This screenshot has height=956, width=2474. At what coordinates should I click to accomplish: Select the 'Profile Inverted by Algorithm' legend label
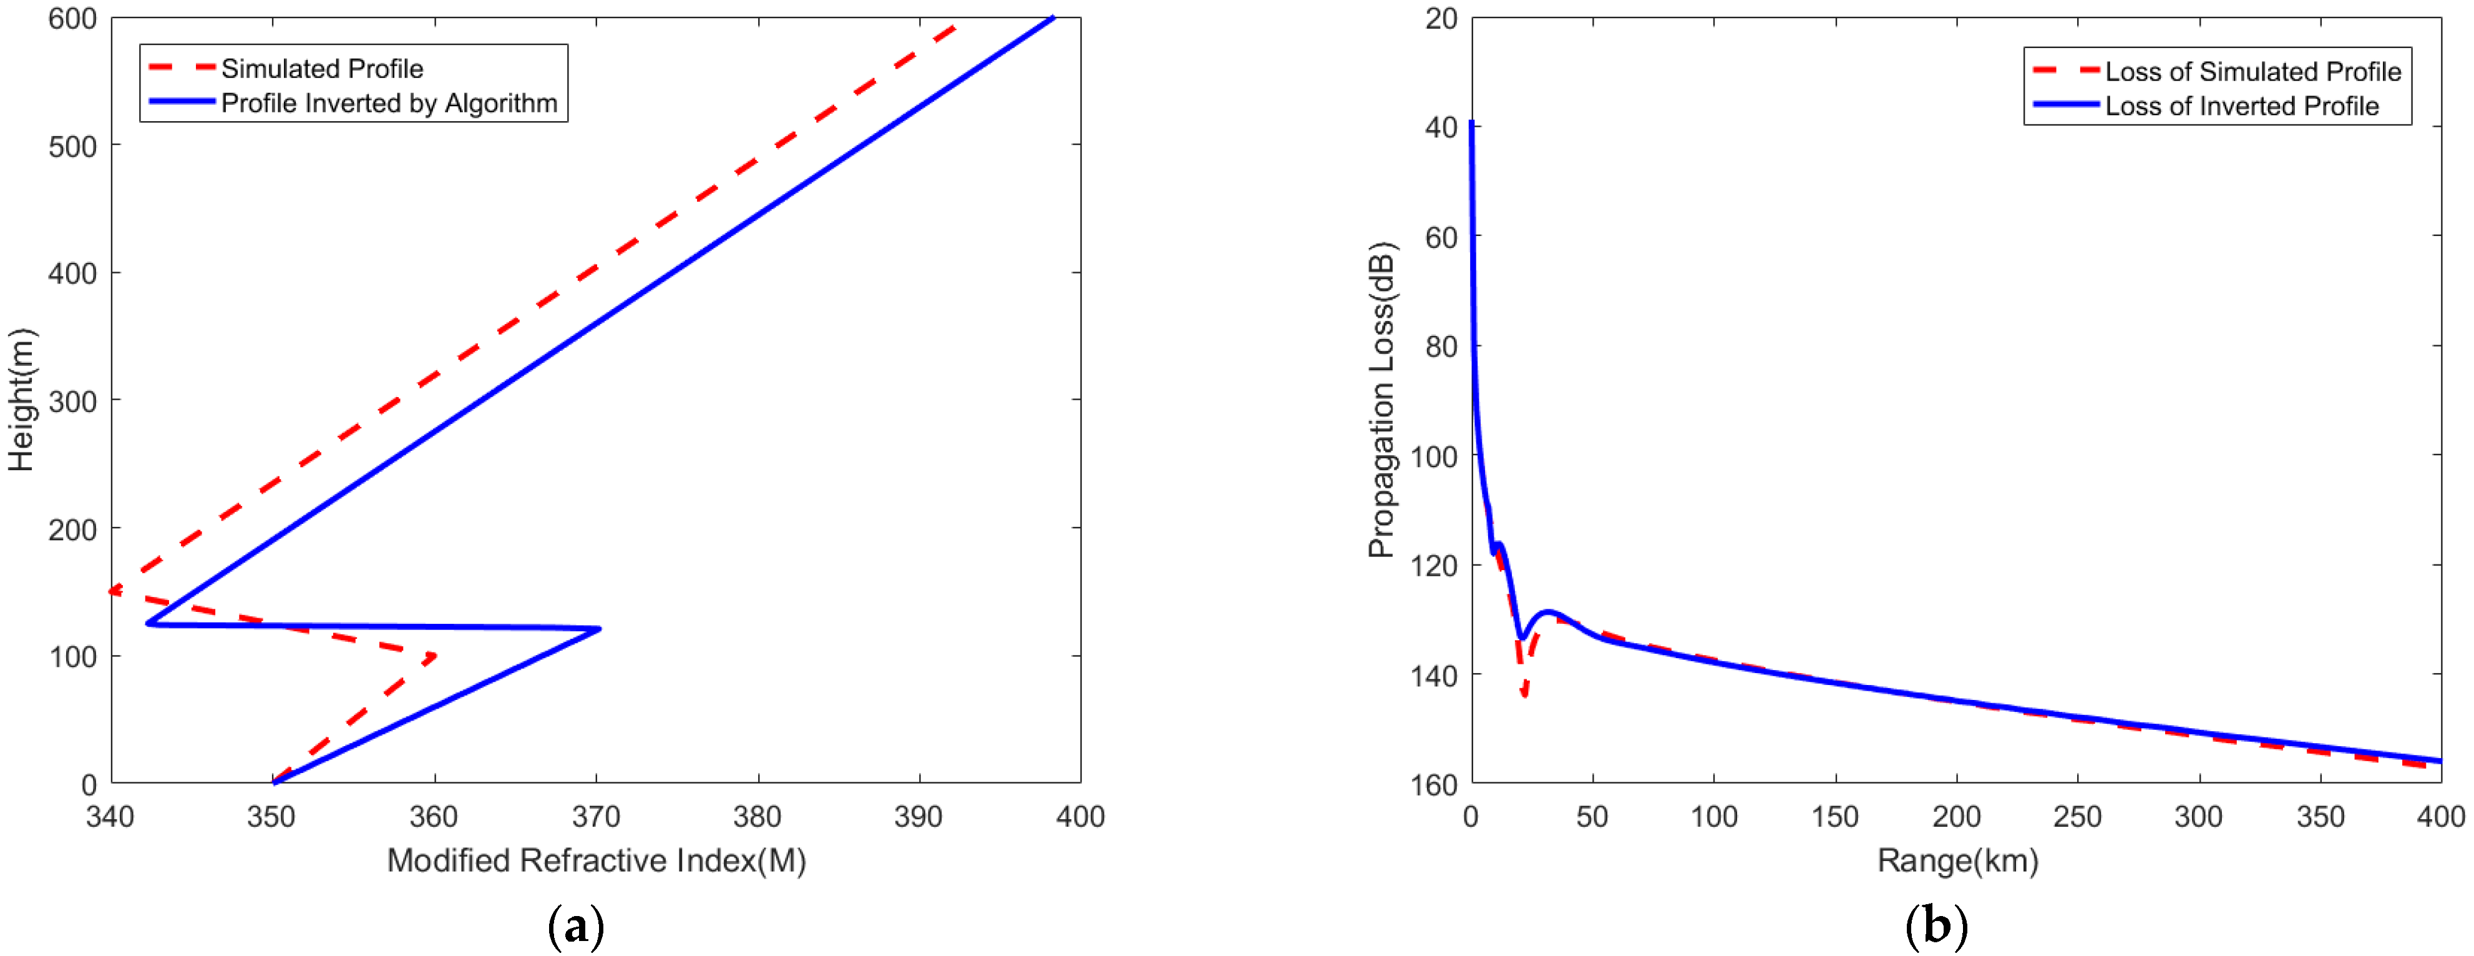(388, 104)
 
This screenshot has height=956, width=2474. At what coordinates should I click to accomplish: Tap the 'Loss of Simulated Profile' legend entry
(2251, 72)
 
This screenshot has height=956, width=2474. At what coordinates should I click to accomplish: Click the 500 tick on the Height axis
(73, 147)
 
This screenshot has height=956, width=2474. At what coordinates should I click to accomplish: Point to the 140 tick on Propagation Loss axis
(1434, 676)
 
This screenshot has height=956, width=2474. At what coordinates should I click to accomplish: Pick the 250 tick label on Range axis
(2077, 817)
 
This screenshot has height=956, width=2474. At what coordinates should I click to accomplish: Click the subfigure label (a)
(575, 928)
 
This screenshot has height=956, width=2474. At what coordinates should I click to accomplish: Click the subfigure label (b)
(1936, 928)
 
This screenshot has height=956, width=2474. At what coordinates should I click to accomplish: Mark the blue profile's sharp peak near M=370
(599, 629)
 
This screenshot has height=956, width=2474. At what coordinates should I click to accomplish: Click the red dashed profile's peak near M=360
(435, 656)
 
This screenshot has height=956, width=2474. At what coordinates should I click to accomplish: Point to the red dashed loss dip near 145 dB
(1524, 694)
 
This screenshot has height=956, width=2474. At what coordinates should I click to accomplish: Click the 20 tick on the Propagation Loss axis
(1441, 19)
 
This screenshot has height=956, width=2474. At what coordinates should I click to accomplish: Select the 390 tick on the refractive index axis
(919, 817)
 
